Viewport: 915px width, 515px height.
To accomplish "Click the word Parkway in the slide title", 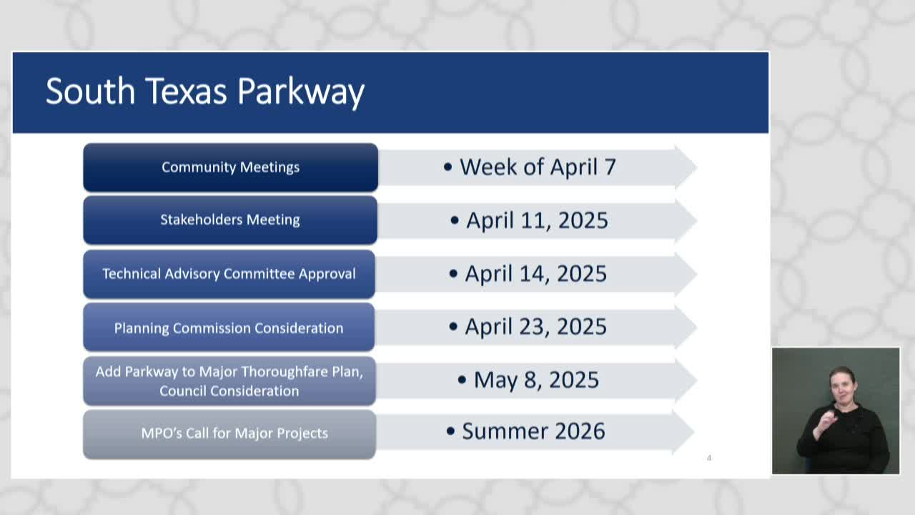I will click(300, 92).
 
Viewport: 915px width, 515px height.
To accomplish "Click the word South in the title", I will click(90, 92).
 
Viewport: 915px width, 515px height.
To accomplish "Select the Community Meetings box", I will click(230, 167).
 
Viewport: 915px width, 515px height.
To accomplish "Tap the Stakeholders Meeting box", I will click(230, 220).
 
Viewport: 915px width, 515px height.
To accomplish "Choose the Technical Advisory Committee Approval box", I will click(229, 274).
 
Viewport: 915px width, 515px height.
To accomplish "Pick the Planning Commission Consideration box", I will click(229, 328).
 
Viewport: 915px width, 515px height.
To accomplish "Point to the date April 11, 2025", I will click(537, 220).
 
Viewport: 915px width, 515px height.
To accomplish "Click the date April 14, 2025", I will click(535, 274).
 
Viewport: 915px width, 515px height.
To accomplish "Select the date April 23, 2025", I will click(535, 327).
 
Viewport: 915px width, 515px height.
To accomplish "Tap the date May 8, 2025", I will click(536, 380).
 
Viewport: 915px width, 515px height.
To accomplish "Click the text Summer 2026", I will click(533, 431).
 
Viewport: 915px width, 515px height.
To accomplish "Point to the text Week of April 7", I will click(537, 167).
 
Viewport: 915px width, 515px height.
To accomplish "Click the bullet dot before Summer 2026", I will click(450, 431).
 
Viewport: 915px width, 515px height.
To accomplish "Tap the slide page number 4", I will click(708, 458).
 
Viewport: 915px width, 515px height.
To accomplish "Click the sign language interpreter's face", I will click(842, 385).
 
